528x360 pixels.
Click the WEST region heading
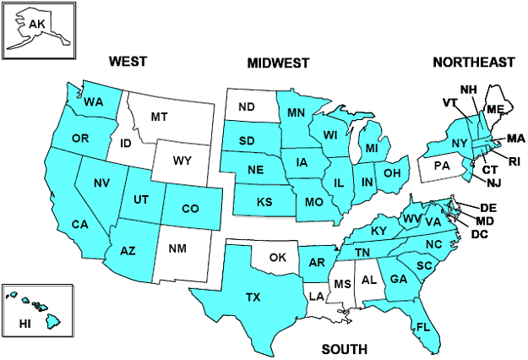tap(128, 62)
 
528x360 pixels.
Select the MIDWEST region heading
tap(278, 63)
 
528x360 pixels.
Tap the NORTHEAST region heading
tap(473, 63)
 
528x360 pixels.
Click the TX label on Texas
tap(253, 297)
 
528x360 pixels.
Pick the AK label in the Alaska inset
tap(36, 24)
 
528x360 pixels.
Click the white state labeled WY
tap(182, 161)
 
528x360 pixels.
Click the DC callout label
tap(479, 233)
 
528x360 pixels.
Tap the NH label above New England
tap(468, 90)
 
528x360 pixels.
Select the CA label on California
tap(79, 225)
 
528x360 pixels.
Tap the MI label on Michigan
tap(371, 150)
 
